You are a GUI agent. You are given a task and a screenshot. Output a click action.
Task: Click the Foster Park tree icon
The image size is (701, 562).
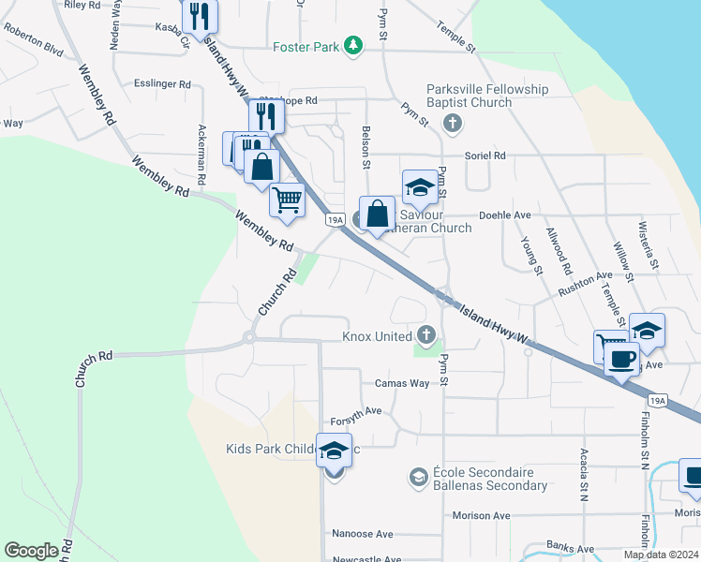[x=352, y=46]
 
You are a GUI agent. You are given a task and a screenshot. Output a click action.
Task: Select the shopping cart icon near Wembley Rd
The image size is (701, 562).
[x=287, y=200]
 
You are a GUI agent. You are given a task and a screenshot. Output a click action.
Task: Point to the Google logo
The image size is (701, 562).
[x=31, y=551]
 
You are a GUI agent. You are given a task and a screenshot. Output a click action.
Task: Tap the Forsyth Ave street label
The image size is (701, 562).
[x=355, y=410]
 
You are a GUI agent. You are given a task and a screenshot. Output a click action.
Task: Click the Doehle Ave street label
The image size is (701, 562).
[x=504, y=214]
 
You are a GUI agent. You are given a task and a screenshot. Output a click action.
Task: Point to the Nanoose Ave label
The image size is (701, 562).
[x=362, y=534]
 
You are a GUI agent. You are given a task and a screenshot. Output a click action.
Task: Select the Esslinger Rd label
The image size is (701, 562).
[x=161, y=83]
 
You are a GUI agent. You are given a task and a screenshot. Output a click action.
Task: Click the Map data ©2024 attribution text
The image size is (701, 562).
[x=660, y=555]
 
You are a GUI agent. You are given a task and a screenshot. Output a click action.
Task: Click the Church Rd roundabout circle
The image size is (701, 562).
[x=250, y=338]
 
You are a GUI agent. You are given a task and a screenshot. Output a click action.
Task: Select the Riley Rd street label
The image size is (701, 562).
[x=83, y=5]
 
